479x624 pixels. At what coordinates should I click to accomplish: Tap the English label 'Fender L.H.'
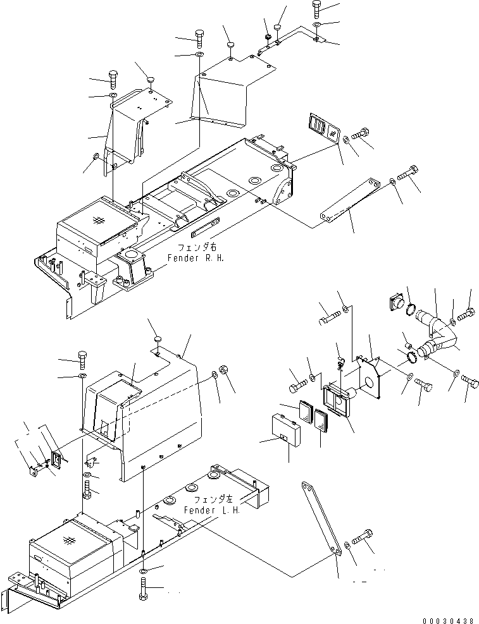[211, 510]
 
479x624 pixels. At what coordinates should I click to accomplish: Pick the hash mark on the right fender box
[98, 220]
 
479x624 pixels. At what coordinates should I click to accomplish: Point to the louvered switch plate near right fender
[324, 126]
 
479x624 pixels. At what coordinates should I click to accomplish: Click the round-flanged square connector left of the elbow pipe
[397, 302]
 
